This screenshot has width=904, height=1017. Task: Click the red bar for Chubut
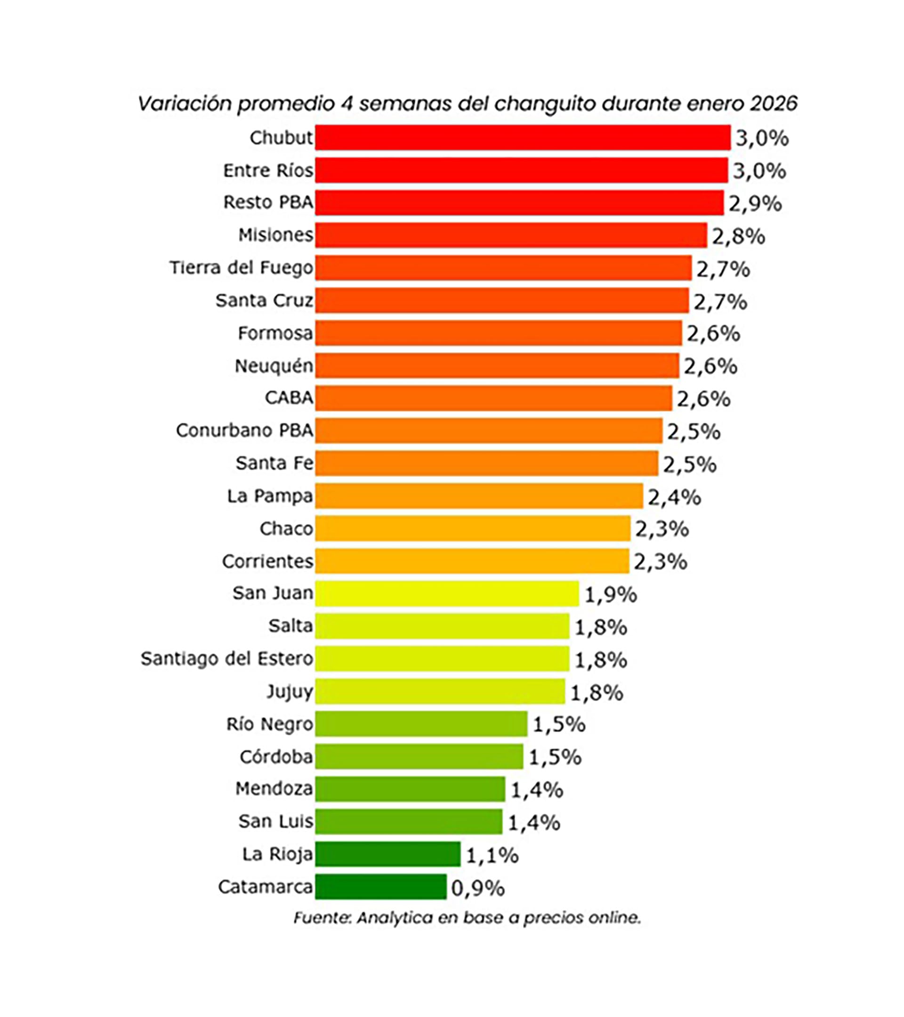coord(523,137)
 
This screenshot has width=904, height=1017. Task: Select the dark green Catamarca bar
coord(381,887)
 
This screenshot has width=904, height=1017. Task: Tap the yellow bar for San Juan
coord(447,593)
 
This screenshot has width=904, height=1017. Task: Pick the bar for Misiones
coord(511,235)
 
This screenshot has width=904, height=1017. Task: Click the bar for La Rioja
coord(388,854)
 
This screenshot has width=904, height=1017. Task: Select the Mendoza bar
coord(410,789)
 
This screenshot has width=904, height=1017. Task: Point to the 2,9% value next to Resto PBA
coord(755,204)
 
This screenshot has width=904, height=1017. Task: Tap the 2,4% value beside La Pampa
coord(674,497)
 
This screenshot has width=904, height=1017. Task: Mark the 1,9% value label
coord(610,595)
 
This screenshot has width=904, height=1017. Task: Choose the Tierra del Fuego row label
coord(242,268)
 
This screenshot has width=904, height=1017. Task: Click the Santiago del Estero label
coord(227,659)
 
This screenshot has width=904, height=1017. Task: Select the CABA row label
coord(289,398)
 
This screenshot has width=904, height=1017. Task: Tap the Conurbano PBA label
coord(244,431)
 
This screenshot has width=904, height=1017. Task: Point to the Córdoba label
coord(276,757)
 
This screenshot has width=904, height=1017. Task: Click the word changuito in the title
coord(545,104)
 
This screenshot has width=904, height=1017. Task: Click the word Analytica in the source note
coord(395,918)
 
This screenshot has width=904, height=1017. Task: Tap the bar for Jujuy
coord(440,692)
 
